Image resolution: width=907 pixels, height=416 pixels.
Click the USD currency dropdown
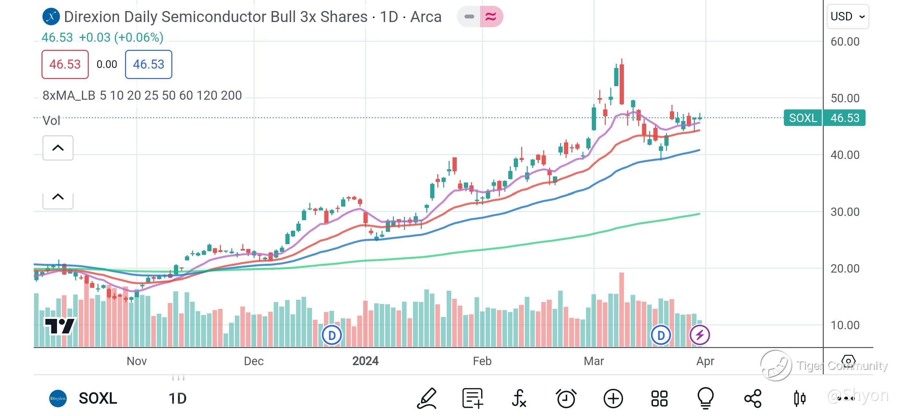tap(847, 17)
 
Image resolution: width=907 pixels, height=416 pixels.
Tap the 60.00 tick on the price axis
tap(845, 42)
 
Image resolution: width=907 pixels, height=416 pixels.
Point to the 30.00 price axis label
tap(845, 212)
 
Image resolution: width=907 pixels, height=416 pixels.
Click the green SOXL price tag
tap(802, 118)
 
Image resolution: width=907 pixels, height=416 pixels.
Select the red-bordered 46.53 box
tap(65, 64)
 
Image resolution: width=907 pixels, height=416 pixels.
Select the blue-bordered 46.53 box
tap(148, 64)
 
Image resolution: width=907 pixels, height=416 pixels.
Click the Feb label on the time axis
tap(482, 361)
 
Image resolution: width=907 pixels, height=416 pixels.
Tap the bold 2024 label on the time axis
tap(365, 361)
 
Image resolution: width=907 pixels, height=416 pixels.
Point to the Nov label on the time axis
tap(137, 361)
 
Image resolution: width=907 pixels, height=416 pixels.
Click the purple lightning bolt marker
tap(699, 335)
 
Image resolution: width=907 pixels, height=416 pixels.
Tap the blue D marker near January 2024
tap(332, 335)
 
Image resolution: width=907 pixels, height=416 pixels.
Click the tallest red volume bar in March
tap(621, 310)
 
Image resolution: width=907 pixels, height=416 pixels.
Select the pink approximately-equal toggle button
tap(491, 17)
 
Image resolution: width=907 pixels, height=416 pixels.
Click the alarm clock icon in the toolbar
tap(566, 399)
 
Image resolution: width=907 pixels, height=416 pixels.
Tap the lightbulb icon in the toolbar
tap(705, 399)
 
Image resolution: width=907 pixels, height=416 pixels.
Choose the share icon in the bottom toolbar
tap(753, 399)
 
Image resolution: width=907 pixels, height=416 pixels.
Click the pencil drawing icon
tap(427, 399)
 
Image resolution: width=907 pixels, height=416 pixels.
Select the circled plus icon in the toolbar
tap(613, 399)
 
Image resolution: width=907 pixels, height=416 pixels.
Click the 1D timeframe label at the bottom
tap(178, 399)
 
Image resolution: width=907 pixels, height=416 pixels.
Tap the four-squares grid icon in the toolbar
tap(659, 399)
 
